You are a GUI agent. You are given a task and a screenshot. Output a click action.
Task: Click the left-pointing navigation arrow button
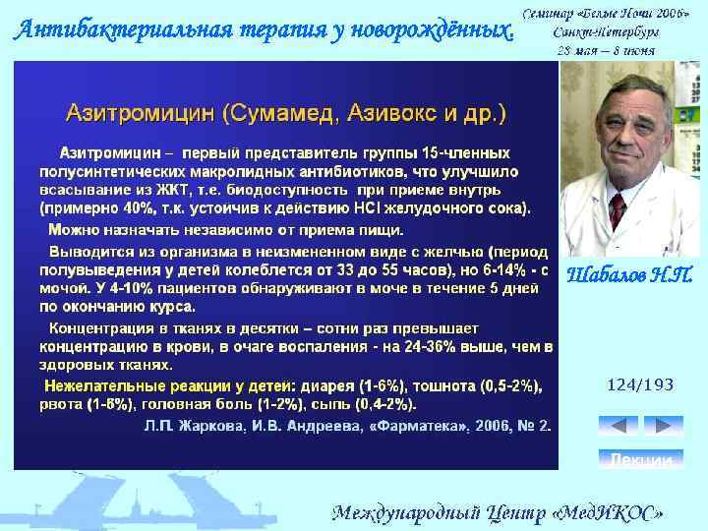(619, 426)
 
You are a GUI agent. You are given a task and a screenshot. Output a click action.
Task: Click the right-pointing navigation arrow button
(662, 426)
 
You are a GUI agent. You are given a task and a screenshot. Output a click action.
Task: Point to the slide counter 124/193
(640, 384)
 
